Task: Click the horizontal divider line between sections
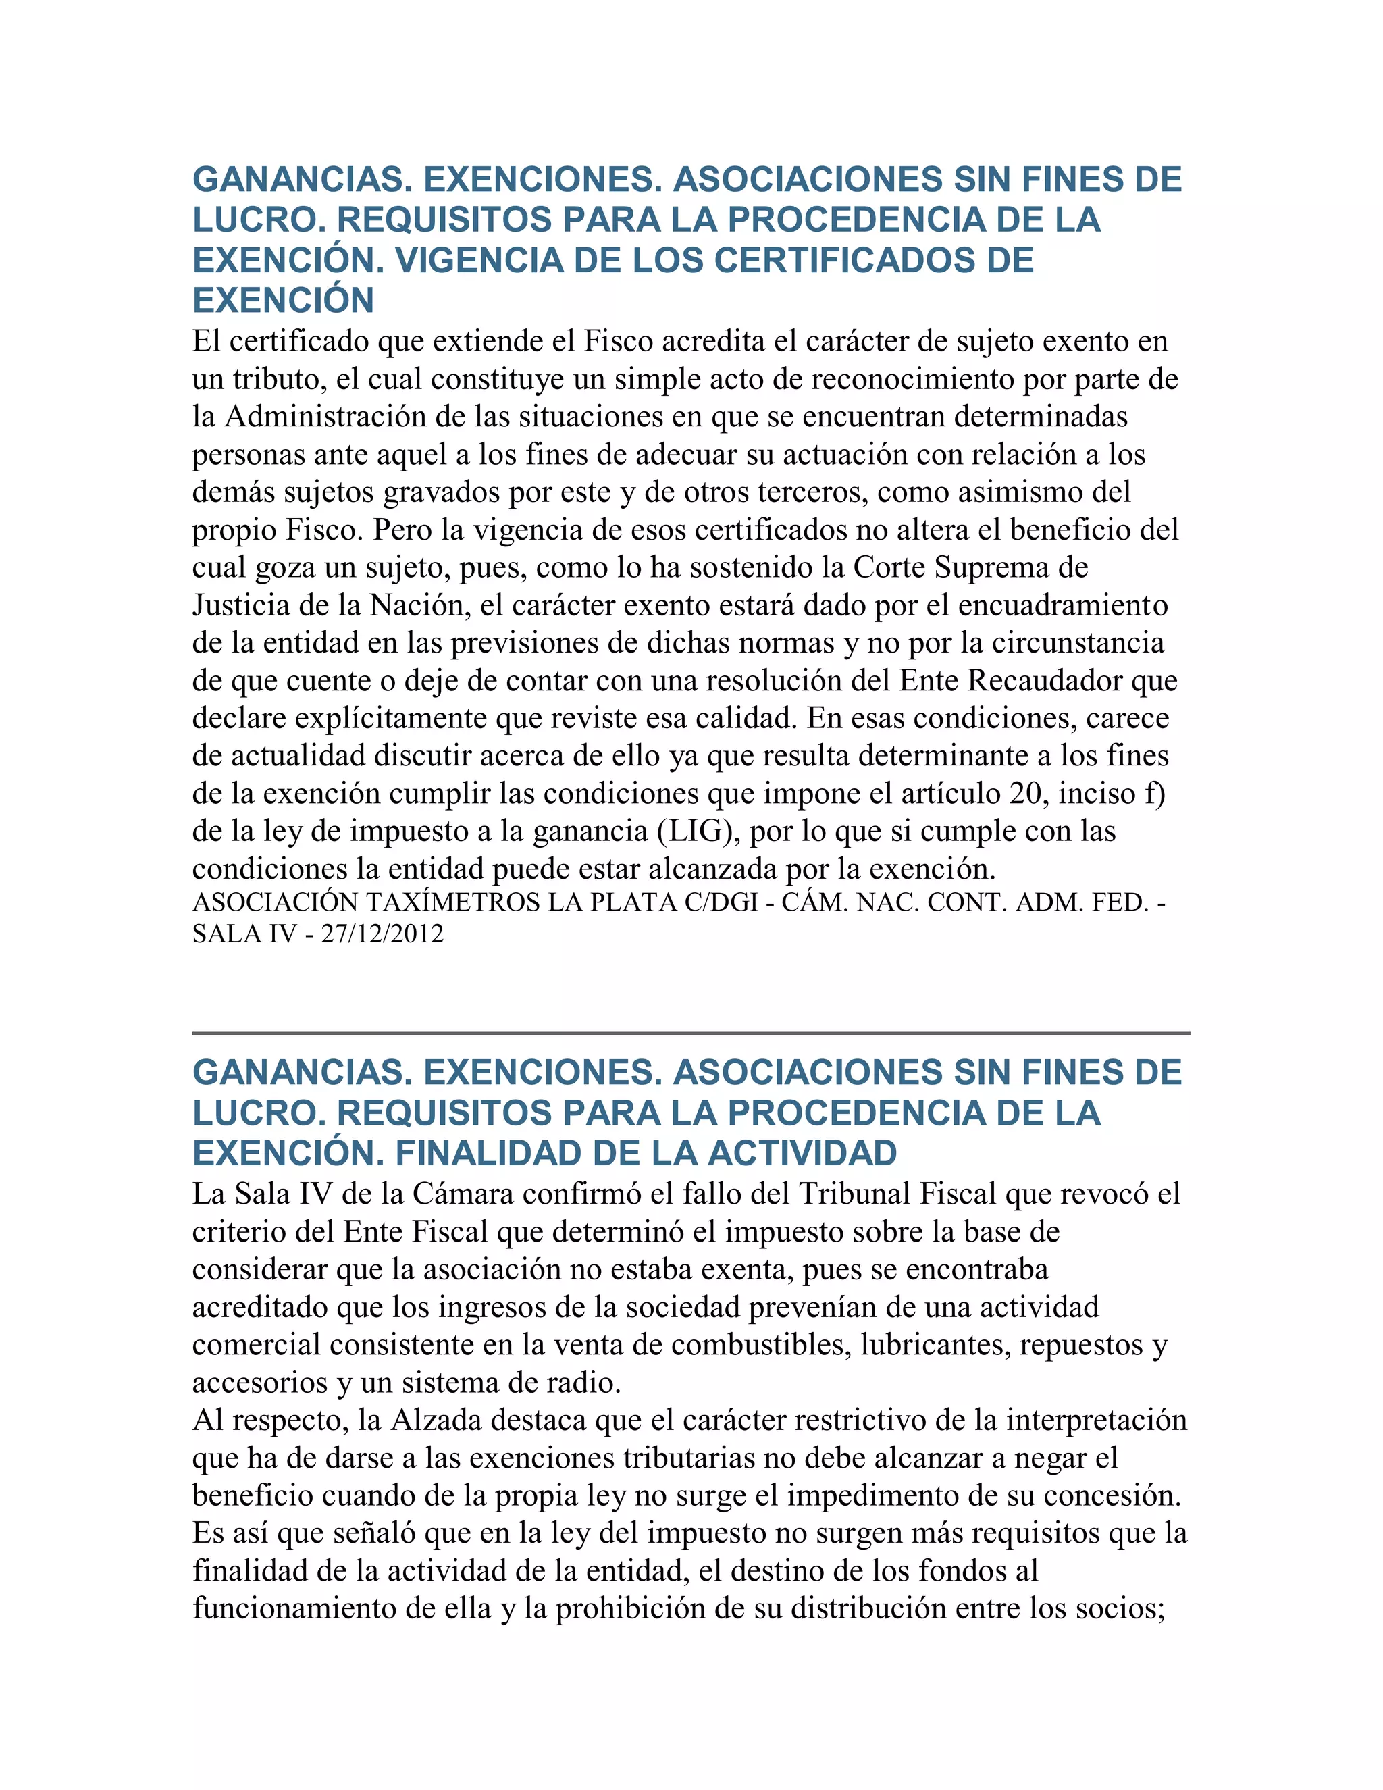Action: tap(691, 1033)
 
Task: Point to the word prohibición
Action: tap(630, 1609)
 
